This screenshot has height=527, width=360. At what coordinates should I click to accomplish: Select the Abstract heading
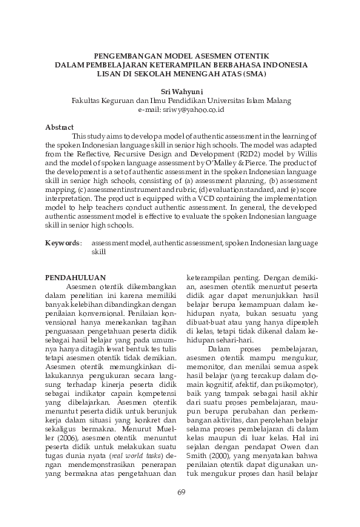(x=59, y=127)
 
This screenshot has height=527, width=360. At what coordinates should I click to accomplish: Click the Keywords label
(x=63, y=242)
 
